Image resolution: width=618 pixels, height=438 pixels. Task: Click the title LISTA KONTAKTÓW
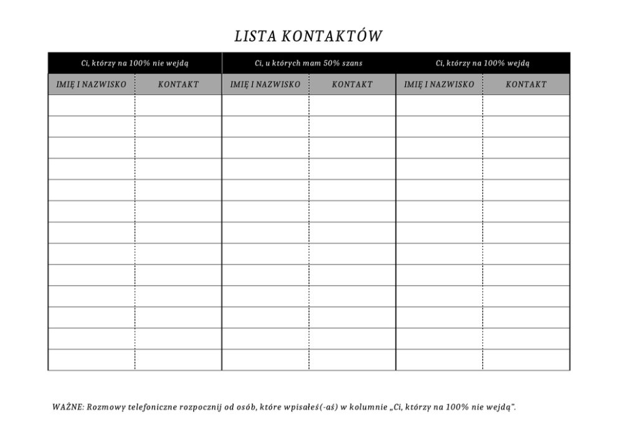308,36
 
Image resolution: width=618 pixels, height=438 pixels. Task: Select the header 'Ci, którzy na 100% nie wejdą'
135,63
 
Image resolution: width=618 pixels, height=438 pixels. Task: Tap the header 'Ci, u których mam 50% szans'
308,63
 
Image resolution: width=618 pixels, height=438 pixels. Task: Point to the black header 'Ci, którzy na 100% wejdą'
483,63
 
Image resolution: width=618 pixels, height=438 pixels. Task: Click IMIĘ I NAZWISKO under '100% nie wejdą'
92,84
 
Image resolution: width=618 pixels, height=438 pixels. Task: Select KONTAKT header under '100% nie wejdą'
178,84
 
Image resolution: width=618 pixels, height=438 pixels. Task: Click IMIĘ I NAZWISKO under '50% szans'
265,84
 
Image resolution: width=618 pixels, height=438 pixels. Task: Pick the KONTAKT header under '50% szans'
352,84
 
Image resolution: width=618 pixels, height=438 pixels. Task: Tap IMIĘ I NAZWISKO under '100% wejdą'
439,84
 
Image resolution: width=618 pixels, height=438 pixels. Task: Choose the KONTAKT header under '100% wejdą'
526,84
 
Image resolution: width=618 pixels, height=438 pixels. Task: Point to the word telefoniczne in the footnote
151,407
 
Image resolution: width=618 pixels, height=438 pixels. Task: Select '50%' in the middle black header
331,63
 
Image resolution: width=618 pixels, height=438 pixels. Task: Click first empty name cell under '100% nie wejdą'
92,105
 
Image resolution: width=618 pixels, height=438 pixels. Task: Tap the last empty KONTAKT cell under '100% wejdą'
526,360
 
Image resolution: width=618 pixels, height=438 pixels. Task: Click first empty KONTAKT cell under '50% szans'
352,105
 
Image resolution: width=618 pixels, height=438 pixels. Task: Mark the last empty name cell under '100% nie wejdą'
92,360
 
